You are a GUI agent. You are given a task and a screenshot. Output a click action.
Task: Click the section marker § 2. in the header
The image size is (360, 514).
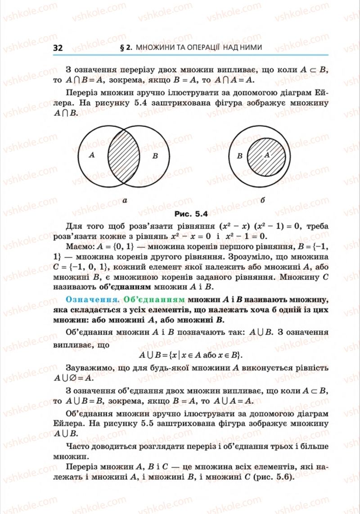(126, 47)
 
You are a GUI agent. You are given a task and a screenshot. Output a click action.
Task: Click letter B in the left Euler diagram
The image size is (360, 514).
(155, 156)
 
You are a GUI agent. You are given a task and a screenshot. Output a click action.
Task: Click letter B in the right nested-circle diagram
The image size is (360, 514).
(239, 156)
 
